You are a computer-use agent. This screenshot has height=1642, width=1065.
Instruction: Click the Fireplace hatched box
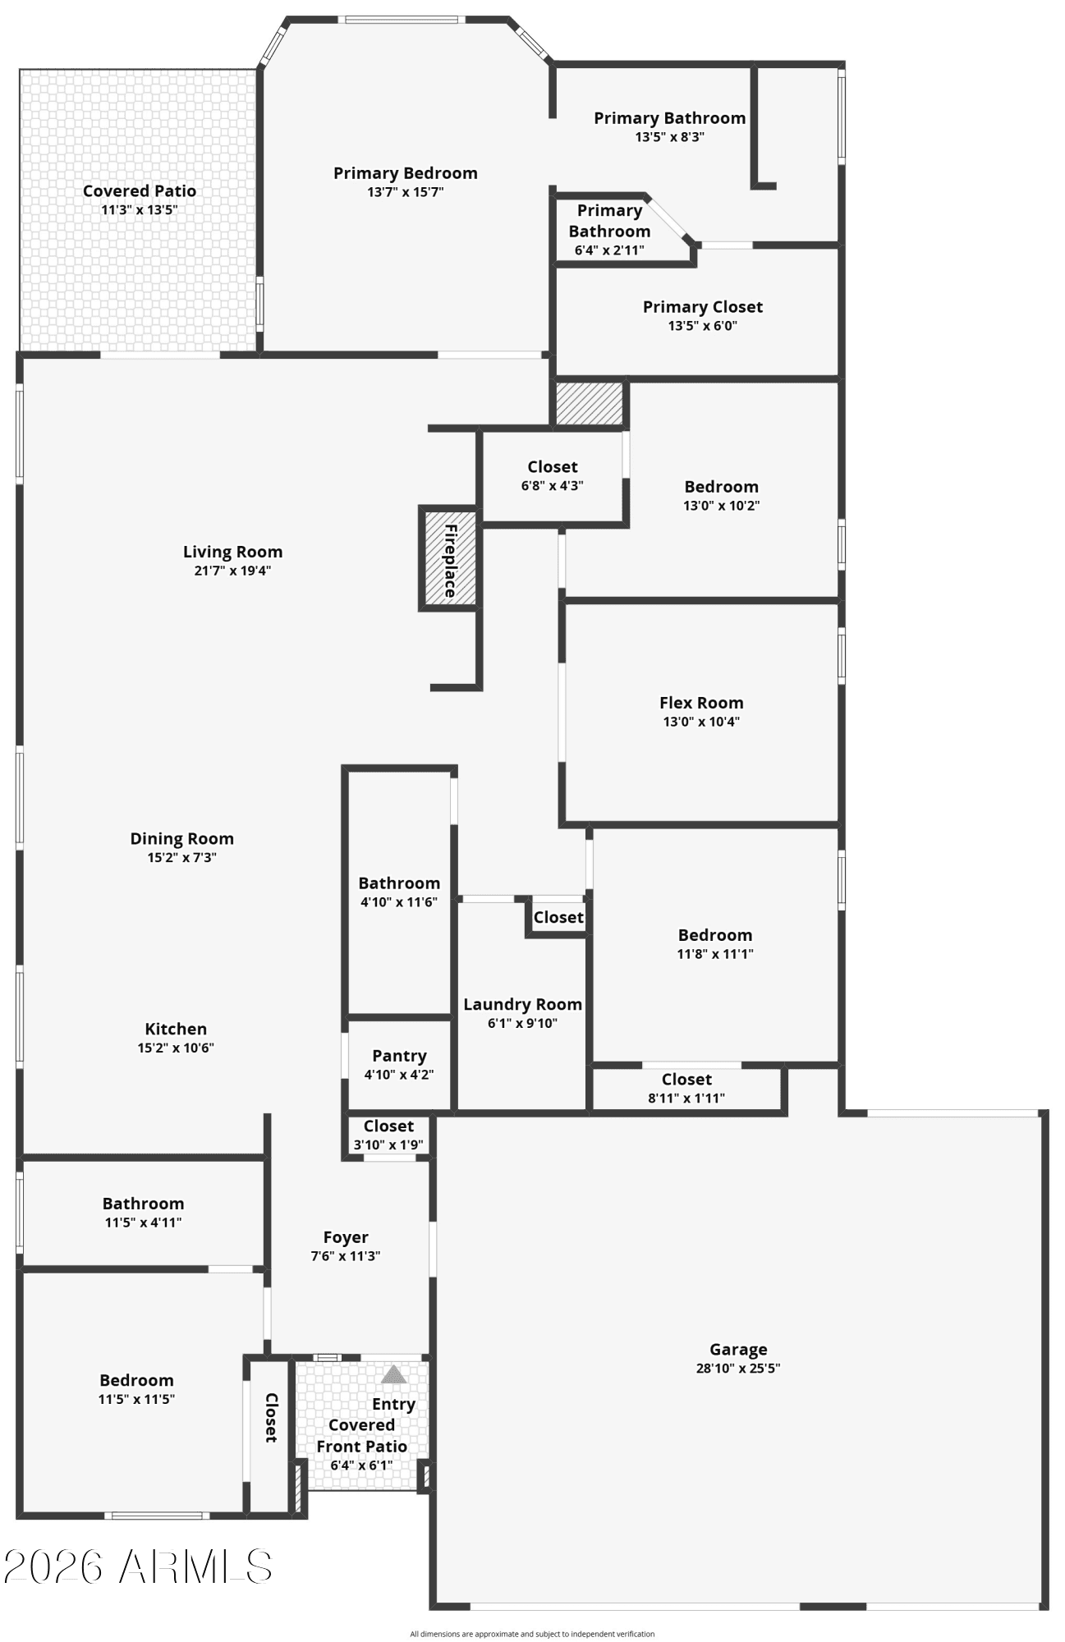[449, 558]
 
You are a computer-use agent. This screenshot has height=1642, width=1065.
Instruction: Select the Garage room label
[738, 1349]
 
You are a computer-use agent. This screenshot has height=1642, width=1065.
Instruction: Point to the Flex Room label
[701, 703]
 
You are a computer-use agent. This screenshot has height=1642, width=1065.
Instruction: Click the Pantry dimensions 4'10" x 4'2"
[399, 1074]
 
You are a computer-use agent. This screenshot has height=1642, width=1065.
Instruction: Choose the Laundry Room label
[523, 1004]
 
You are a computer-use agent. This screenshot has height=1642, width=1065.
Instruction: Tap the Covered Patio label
[140, 191]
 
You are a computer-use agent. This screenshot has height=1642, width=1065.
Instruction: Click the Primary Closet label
[703, 307]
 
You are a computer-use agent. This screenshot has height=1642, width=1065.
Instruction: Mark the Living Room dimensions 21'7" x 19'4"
[232, 571]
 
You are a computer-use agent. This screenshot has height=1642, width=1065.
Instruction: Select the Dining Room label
[182, 838]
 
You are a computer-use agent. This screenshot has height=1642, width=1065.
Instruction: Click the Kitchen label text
[176, 1029]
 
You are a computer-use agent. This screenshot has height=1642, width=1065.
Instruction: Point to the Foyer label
[346, 1237]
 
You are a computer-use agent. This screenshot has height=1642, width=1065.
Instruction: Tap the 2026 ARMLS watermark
[138, 1566]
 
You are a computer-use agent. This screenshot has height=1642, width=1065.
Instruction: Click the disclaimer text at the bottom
[532, 1634]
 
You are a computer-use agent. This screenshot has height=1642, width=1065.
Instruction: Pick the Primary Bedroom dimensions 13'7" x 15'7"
[406, 192]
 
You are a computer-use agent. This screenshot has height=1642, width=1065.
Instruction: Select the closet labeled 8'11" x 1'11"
[686, 1088]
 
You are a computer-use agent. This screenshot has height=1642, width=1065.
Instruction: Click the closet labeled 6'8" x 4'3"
[553, 476]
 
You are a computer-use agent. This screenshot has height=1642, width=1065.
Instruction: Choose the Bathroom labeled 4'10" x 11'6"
[399, 892]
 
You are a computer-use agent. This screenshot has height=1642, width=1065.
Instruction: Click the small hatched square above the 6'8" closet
[590, 403]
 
